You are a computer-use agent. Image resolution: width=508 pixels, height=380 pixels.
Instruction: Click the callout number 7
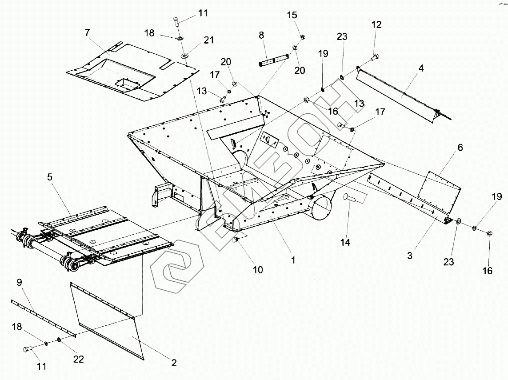[x=88, y=32]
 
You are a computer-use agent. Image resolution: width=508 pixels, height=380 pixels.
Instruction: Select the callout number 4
[x=420, y=68]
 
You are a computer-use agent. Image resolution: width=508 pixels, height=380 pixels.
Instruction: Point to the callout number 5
[x=50, y=177]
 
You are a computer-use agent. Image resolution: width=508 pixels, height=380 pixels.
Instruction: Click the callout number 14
[x=345, y=242]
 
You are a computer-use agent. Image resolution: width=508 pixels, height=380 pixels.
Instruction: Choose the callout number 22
[x=79, y=359]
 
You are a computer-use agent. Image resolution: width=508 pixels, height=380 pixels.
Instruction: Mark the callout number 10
[x=258, y=269]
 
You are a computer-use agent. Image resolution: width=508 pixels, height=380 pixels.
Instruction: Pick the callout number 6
[x=460, y=148]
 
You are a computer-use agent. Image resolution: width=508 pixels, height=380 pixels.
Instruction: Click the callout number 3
[x=410, y=256]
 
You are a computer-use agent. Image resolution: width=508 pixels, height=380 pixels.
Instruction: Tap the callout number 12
[x=376, y=25]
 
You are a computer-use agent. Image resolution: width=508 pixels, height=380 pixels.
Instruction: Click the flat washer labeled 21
[x=184, y=56]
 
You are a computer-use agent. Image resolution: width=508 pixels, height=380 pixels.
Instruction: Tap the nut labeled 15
[x=302, y=36]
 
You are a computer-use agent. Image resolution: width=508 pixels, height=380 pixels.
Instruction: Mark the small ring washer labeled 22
[x=59, y=340]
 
